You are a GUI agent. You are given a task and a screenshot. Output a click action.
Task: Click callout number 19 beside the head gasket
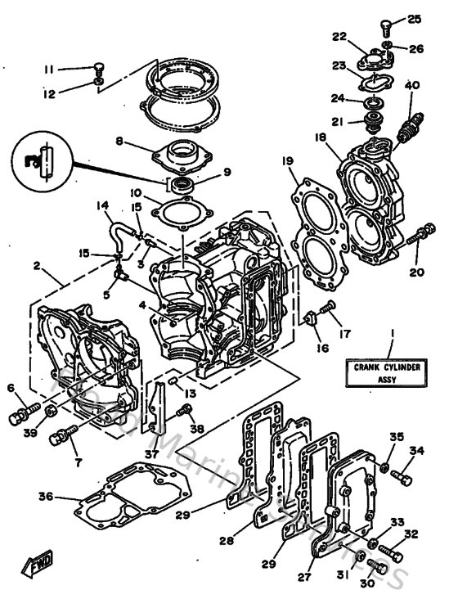288,161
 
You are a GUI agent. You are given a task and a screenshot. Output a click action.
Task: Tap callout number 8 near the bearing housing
119,141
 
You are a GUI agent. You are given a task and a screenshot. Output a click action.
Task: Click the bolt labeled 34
401,475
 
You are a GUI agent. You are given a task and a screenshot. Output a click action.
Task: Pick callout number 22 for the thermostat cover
339,36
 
